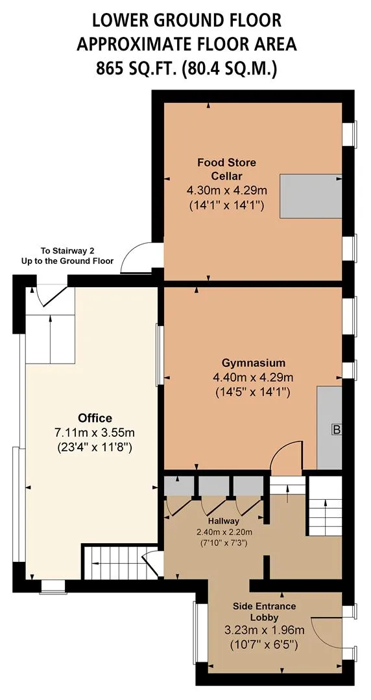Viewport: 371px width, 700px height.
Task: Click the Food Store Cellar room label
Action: point(226,168)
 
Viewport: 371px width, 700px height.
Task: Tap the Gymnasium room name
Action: point(254,362)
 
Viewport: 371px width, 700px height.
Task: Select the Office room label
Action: point(95,418)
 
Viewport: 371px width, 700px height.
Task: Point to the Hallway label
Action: point(223,521)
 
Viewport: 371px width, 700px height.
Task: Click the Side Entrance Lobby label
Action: point(264,612)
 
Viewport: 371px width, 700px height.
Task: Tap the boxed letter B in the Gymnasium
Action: point(337,430)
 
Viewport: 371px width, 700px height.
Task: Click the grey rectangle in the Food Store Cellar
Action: point(311,196)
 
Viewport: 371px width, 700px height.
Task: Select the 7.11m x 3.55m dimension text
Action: point(95,432)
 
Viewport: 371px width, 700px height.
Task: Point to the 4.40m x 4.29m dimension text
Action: point(254,378)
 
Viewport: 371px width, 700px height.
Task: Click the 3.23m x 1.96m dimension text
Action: point(265,631)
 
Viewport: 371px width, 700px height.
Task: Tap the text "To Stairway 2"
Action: point(68,251)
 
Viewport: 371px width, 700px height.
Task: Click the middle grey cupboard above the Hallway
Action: point(214,485)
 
